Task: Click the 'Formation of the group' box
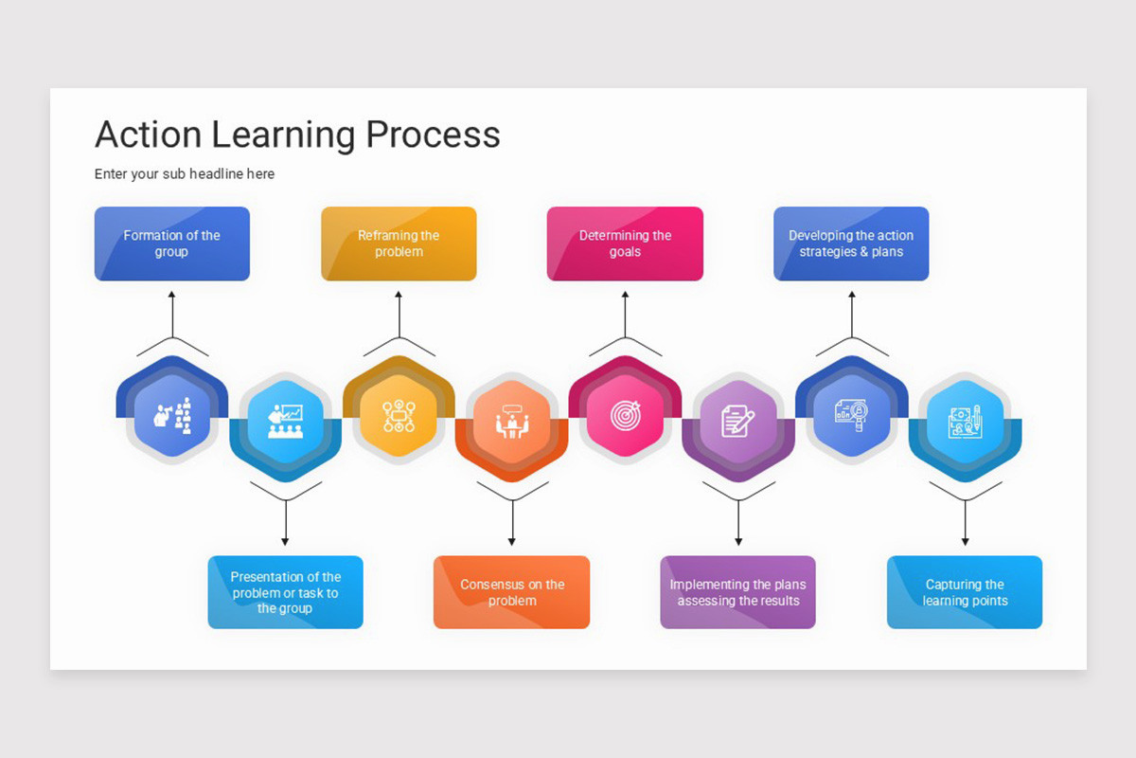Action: tap(171, 244)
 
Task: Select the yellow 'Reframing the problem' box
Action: tap(399, 244)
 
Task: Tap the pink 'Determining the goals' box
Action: tap(625, 244)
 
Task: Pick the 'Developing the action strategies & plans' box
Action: tap(851, 244)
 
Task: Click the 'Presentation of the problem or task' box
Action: tap(285, 592)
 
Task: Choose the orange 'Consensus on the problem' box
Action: tap(511, 592)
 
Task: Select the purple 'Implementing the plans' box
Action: tap(737, 592)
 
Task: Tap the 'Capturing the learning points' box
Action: tap(965, 592)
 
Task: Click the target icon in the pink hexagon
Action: tap(625, 416)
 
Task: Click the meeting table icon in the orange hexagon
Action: tap(511, 422)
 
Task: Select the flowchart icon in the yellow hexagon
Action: tap(399, 416)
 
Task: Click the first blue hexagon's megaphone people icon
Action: tap(172, 416)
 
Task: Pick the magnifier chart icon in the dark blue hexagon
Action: tap(851, 416)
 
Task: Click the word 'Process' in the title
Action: tap(433, 135)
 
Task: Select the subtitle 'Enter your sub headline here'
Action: tap(185, 174)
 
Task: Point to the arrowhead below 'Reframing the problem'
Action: tap(399, 296)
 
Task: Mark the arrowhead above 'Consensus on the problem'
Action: tap(511, 541)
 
